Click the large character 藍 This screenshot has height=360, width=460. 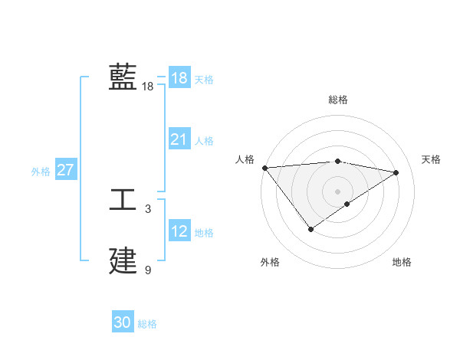click(123, 77)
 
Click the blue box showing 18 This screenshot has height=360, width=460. click(179, 78)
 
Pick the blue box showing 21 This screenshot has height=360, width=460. click(179, 139)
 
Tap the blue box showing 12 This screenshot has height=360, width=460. click(179, 231)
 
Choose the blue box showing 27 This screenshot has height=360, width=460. click(65, 170)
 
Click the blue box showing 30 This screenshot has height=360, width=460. click(123, 322)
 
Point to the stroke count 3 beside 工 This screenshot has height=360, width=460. click(148, 208)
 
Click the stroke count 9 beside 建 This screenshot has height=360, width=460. click(148, 270)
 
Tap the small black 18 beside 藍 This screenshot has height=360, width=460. click(147, 87)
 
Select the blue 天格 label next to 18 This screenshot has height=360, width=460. click(204, 79)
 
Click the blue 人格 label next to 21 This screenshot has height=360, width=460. click(204, 140)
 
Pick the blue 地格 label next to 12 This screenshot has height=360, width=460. click(204, 232)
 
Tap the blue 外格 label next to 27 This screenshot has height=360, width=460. click(41, 172)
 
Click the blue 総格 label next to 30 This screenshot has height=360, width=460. click(147, 324)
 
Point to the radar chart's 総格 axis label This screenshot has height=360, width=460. click(337, 100)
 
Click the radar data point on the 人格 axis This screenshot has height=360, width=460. click(264, 168)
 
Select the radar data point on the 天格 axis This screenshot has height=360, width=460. click(396, 172)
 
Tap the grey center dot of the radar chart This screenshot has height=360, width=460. click(337, 191)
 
